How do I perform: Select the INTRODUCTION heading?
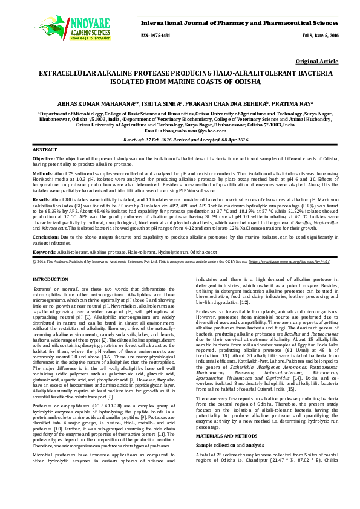click(51, 279)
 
